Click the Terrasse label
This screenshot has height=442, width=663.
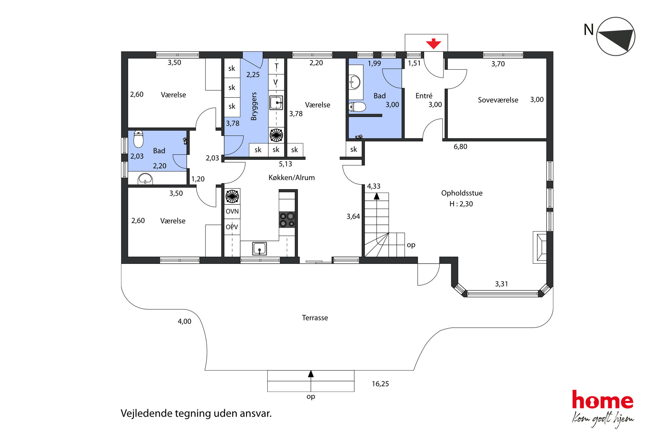click(315, 318)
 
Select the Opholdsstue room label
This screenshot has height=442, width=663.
click(462, 193)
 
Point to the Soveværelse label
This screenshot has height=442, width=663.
click(498, 100)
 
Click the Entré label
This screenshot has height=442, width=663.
click(424, 96)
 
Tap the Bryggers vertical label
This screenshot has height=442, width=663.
click(254, 106)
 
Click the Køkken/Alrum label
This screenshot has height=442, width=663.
click(292, 178)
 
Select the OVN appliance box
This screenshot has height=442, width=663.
click(232, 211)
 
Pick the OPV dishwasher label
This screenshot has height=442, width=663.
click(232, 227)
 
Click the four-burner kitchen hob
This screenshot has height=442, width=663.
click(287, 219)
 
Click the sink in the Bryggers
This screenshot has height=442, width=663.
click(276, 103)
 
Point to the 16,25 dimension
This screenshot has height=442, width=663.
click(380, 384)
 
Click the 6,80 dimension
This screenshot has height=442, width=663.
click(460, 147)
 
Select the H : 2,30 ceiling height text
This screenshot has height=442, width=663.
click(461, 204)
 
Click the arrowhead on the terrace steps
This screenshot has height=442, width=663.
click(311, 374)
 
